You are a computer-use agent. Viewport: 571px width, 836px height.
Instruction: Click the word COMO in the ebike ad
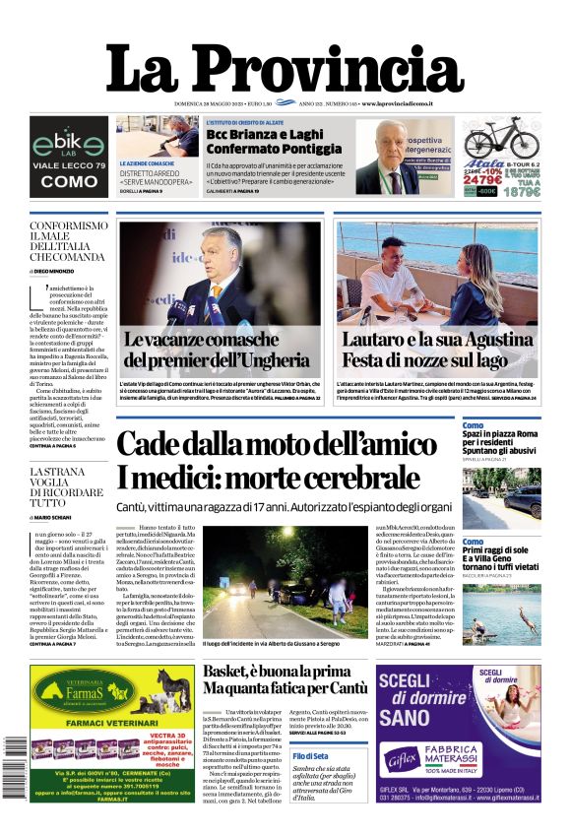point(69,182)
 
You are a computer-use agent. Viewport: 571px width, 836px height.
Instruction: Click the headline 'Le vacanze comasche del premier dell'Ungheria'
point(218,350)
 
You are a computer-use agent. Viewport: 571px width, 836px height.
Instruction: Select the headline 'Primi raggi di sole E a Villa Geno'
point(498,556)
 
